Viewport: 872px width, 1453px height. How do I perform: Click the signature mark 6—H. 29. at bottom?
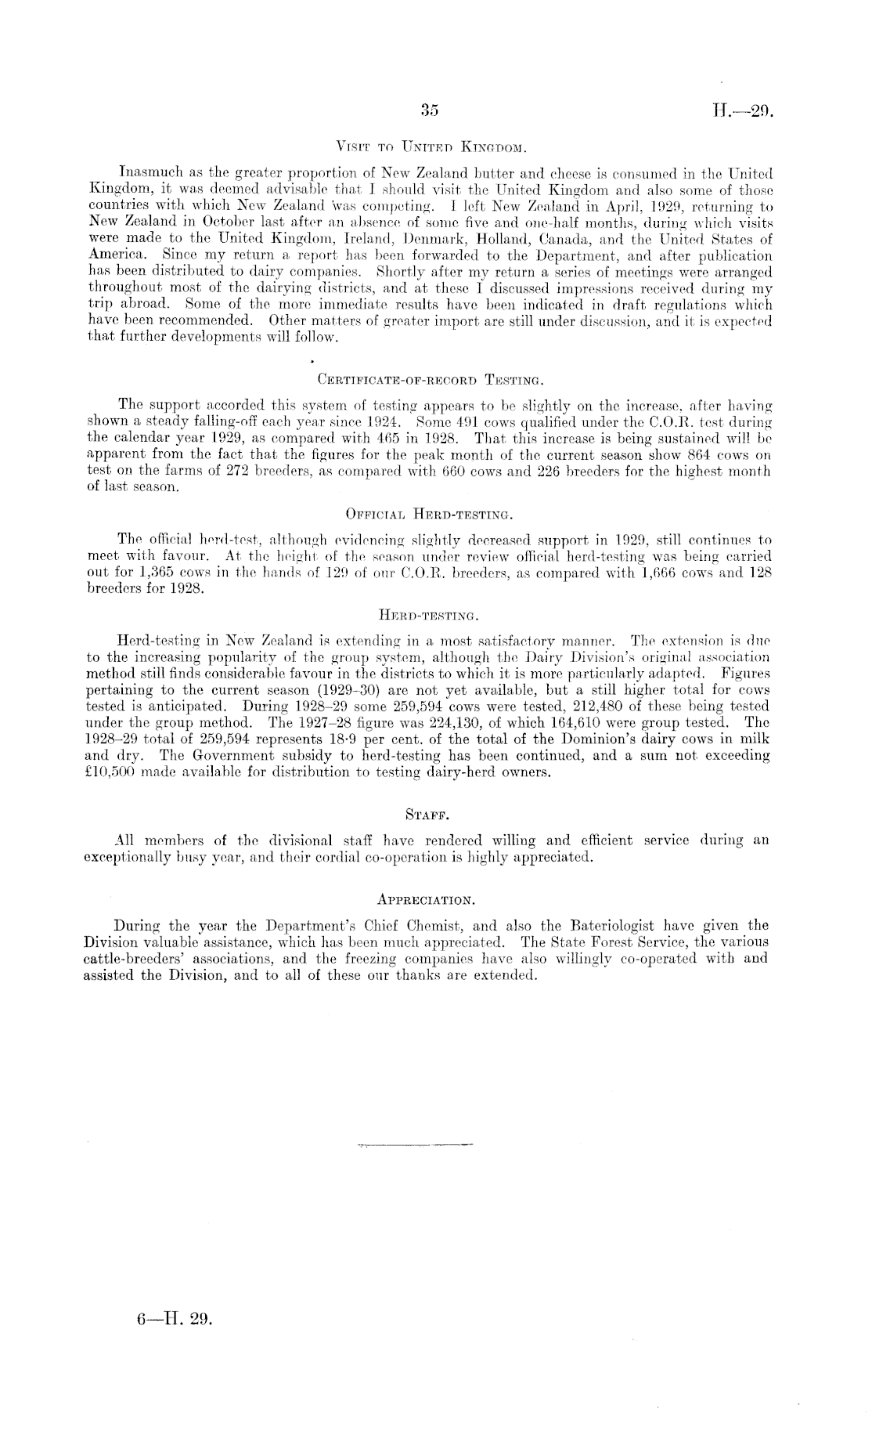pyautogui.click(x=173, y=1318)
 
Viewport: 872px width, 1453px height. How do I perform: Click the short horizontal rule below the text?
pyautogui.click(x=414, y=1145)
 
